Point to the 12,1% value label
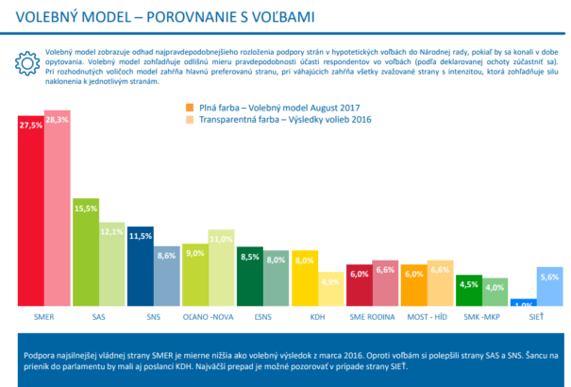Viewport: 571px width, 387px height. (x=112, y=231)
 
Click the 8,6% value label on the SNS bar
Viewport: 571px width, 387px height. (x=167, y=255)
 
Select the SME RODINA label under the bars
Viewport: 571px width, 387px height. (x=372, y=317)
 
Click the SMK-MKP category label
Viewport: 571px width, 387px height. (x=481, y=317)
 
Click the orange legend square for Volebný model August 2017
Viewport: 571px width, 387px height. (x=189, y=107)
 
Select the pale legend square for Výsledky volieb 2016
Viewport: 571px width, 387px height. (x=189, y=120)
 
